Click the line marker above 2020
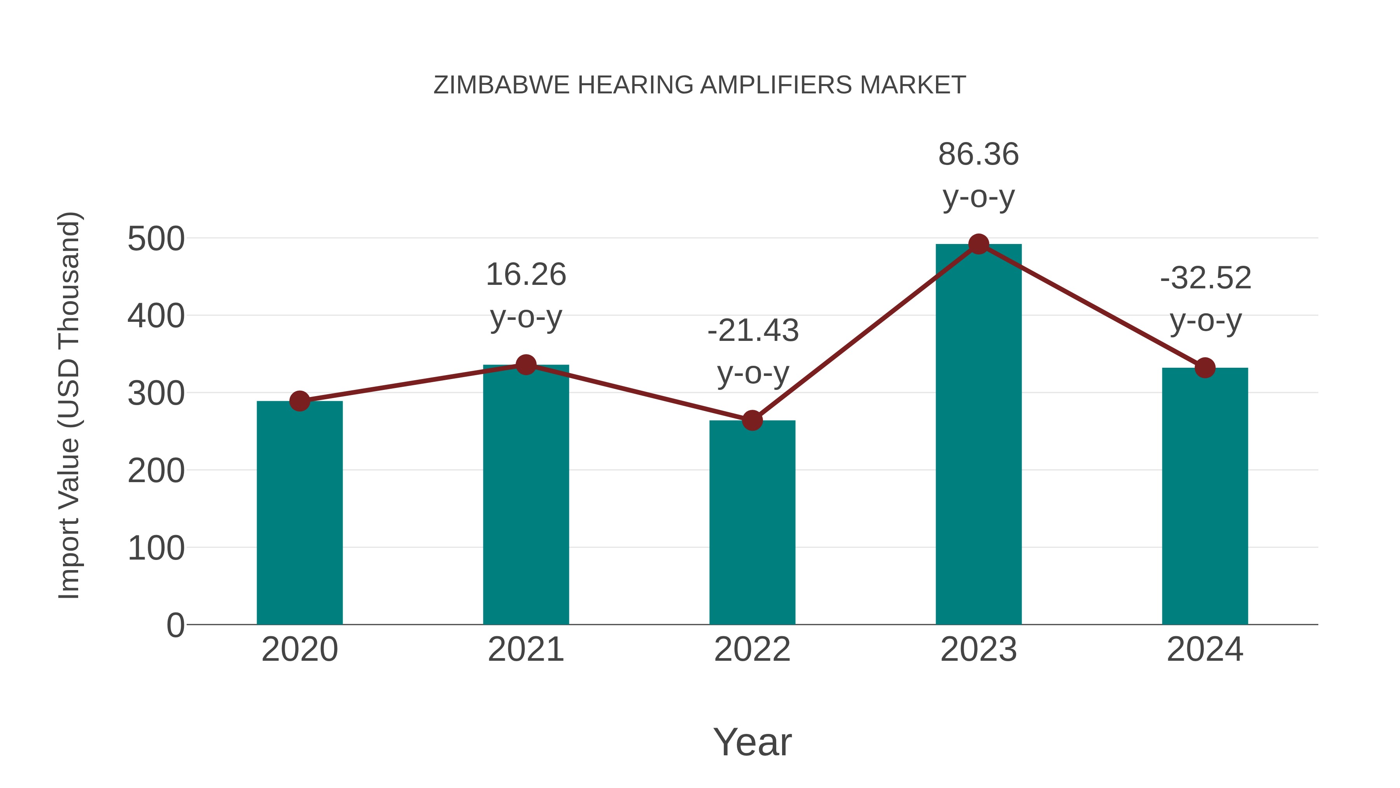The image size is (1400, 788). click(299, 401)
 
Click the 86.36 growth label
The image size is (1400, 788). click(978, 154)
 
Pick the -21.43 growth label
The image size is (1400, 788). click(753, 331)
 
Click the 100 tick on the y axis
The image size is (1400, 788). click(156, 548)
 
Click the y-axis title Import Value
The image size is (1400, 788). click(70, 405)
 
